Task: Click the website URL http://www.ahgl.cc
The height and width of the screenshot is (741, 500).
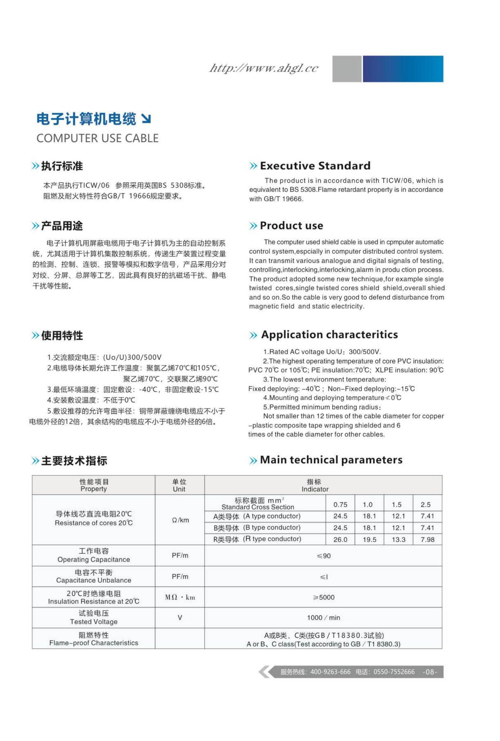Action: pyautogui.click(x=264, y=68)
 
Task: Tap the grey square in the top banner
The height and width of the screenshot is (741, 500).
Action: pyautogui.click(x=347, y=69)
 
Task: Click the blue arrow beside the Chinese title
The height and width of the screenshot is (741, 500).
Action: pyautogui.click(x=146, y=119)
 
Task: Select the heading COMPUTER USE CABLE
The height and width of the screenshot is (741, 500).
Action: pyautogui.click(x=97, y=138)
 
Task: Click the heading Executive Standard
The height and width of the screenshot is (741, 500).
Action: pyautogui.click(x=315, y=166)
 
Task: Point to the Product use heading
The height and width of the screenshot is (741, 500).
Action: pyautogui.click(x=292, y=226)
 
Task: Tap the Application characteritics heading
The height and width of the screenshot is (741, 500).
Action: pyautogui.click(x=330, y=335)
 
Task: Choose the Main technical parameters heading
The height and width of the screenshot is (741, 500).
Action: pyautogui.click(x=331, y=460)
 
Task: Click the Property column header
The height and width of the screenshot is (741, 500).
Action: pyautogui.click(x=93, y=485)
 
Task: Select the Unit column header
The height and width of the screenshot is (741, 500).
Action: pyautogui.click(x=179, y=485)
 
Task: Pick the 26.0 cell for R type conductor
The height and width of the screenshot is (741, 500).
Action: pyautogui.click(x=340, y=540)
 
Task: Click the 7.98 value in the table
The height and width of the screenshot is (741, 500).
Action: pyautogui.click(x=427, y=540)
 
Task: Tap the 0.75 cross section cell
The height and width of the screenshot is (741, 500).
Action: pyautogui.click(x=340, y=505)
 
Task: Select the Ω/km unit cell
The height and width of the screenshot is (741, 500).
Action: pyautogui.click(x=180, y=520)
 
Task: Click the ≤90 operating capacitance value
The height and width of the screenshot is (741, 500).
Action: pyautogui.click(x=323, y=556)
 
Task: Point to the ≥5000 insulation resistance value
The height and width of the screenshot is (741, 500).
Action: pyautogui.click(x=323, y=597)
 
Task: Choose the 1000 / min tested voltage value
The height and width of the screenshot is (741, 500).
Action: pyautogui.click(x=323, y=618)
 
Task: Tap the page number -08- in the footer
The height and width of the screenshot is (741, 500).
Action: pyautogui.click(x=430, y=672)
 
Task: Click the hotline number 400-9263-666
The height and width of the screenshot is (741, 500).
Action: pyautogui.click(x=330, y=672)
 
